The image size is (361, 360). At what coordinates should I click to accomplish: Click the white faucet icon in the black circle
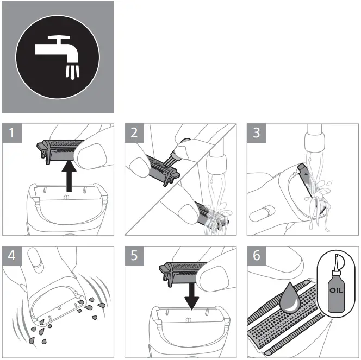[x=58, y=58]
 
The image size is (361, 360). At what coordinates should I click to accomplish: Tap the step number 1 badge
[x=12, y=133]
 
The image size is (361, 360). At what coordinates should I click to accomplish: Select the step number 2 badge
[x=134, y=133]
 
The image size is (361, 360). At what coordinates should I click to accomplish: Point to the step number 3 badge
[x=257, y=133]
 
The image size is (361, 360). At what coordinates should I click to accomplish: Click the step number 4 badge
[x=12, y=255]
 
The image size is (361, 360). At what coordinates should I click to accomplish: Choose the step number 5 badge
[x=134, y=255]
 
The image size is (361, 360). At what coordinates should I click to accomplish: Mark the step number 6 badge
[x=257, y=255]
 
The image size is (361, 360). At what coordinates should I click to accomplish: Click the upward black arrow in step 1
[x=69, y=176]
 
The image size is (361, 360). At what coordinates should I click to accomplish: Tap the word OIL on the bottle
[x=336, y=290]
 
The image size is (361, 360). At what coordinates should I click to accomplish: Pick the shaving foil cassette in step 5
[x=183, y=274]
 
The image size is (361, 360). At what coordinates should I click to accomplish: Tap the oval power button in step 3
[x=262, y=213]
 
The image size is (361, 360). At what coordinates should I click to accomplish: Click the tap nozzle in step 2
[x=216, y=165]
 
